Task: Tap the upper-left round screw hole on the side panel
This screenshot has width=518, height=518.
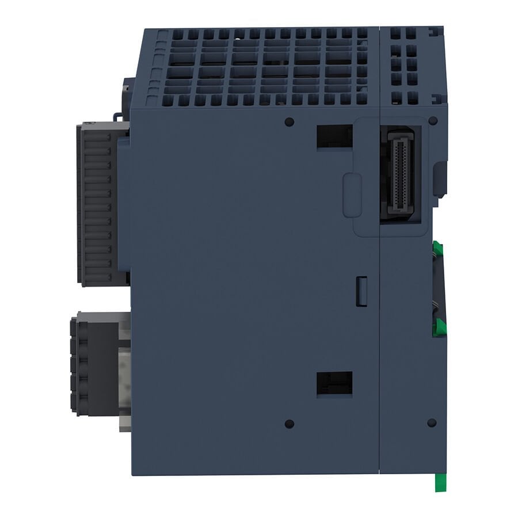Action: click(290, 121)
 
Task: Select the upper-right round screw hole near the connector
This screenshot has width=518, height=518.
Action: click(433, 121)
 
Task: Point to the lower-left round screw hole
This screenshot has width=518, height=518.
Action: click(290, 424)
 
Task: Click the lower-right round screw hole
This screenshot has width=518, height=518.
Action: click(432, 422)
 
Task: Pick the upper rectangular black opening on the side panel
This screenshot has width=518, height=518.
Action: click(334, 136)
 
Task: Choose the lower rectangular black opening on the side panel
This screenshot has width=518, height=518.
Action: click(334, 383)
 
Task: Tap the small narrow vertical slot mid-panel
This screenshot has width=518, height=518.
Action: click(361, 290)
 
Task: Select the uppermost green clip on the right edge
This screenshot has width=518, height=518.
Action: click(439, 251)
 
